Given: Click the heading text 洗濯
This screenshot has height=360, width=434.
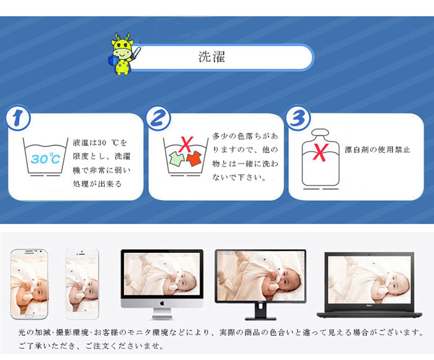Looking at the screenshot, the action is tap(211, 57).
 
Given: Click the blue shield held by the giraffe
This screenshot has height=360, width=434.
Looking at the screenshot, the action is tap(113, 61).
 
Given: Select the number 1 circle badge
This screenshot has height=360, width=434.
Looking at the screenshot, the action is tap(18, 118).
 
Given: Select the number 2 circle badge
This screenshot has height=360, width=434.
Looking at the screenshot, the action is tap(158, 118).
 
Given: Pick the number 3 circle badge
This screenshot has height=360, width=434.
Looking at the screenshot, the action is tap(298, 117).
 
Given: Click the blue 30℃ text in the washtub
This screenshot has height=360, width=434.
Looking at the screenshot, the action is tap(45, 158).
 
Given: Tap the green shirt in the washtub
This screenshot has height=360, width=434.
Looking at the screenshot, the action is tap(177, 159).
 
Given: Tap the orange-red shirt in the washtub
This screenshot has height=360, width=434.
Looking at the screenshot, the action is tap(194, 159).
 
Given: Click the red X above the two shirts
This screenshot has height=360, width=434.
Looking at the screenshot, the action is tap(186, 144).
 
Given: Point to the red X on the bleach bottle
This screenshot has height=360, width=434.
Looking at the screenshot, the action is tap(321, 152).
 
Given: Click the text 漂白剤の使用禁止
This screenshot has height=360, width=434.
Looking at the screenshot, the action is tap(377, 150).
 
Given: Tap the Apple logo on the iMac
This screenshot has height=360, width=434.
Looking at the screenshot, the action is tap(162, 303).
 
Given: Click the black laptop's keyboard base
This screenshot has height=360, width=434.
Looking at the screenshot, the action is tap(370, 315).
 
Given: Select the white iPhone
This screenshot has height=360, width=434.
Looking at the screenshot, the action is tap(82, 284).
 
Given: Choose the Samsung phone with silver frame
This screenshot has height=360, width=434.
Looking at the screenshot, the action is tap(29, 284).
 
